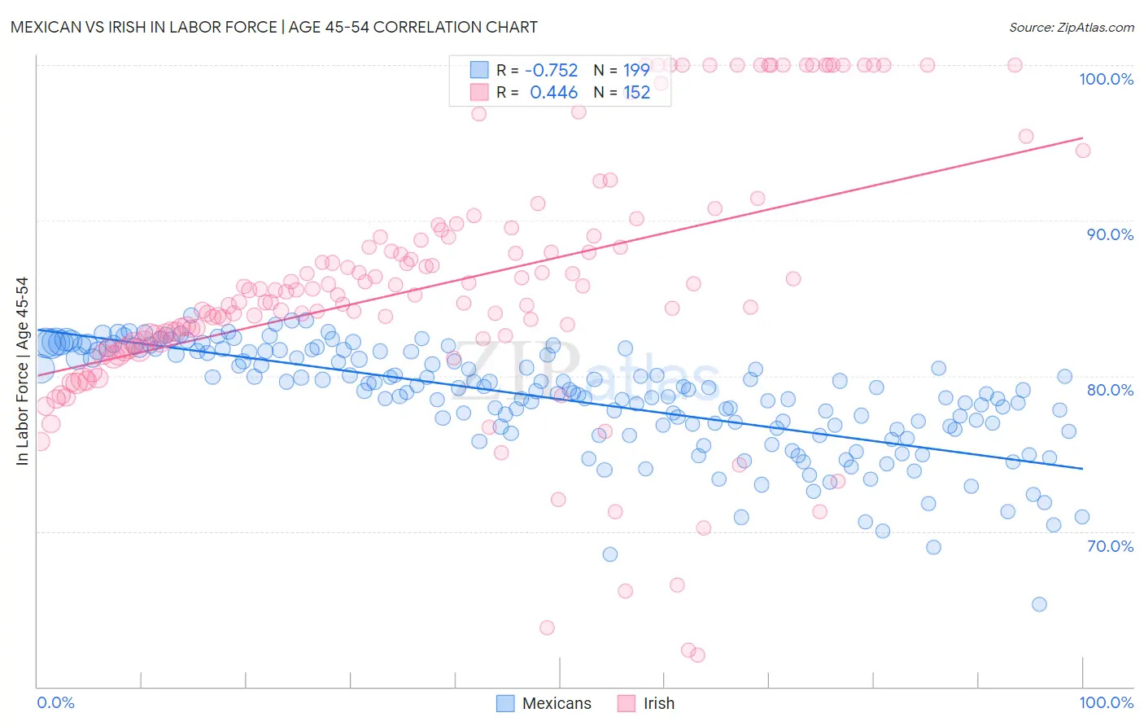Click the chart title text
coord(274,27)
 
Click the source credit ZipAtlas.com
coord(1071,27)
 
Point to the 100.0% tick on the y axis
coord(1106,79)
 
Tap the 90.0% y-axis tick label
coord(1110,234)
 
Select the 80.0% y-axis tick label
coord(1110,390)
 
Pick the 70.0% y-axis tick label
coord(1110,546)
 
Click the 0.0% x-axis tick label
coord(55,702)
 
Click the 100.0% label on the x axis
coord(1106,702)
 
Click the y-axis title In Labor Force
coord(23,371)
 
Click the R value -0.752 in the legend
coord(552,70)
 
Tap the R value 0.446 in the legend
coord(553,93)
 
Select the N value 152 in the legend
coord(636,93)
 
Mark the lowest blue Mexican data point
coord(1039,604)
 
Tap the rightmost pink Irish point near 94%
coord(1083,151)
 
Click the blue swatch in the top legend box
coord(479,70)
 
